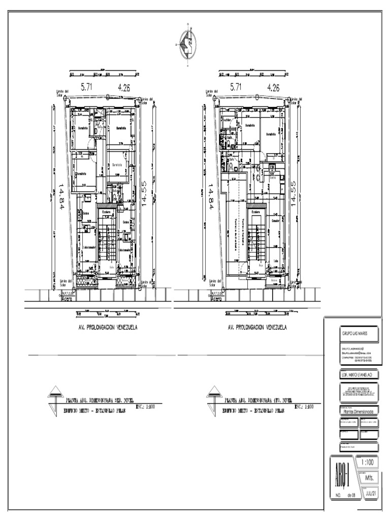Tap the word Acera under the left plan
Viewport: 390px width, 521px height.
[x=68, y=300]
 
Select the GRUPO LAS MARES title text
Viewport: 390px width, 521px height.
[x=354, y=333]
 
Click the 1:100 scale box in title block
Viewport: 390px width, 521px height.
[x=369, y=464]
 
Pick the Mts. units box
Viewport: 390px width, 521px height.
[x=369, y=479]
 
